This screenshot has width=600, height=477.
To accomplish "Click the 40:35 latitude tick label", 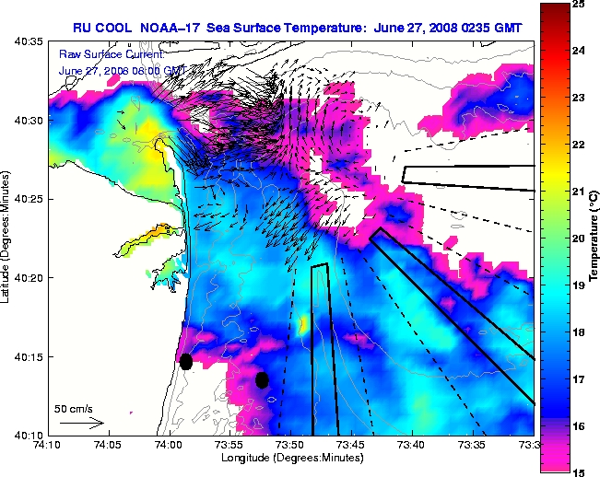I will click(x=27, y=41).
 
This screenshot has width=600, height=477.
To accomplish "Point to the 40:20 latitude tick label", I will click(x=27, y=277).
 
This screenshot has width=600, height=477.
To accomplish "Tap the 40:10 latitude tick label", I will click(x=27, y=435).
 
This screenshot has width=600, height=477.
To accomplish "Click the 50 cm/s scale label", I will click(x=74, y=408).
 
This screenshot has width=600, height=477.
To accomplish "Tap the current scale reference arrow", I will click(x=81, y=423).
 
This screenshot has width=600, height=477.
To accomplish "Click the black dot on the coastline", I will click(x=185, y=361).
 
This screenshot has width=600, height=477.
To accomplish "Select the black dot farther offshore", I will click(x=262, y=379).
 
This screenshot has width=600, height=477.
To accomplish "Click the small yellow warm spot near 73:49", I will click(x=304, y=323).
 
